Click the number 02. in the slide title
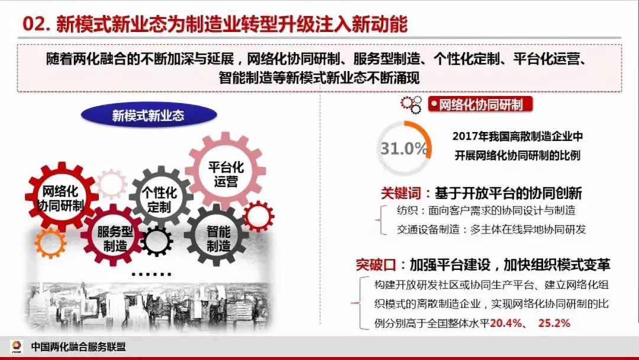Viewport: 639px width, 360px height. pos(37,24)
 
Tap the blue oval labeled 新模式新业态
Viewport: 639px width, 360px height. pos(149,115)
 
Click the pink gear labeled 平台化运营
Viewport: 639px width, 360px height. pos(225,171)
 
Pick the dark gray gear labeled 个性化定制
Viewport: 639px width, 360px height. pos(161,197)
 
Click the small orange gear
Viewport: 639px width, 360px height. pos(50,243)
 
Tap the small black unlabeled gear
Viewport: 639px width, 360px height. pos(156,241)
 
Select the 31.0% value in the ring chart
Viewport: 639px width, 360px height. pos(404,149)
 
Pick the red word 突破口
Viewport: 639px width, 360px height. pos(375,265)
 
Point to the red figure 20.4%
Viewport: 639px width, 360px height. pos(506,323)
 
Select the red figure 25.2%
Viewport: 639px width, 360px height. pos(554,323)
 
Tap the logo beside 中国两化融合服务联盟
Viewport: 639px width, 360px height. pos(17,346)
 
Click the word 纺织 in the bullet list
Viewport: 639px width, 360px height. pos(406,210)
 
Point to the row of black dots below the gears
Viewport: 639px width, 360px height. pos(151,274)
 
